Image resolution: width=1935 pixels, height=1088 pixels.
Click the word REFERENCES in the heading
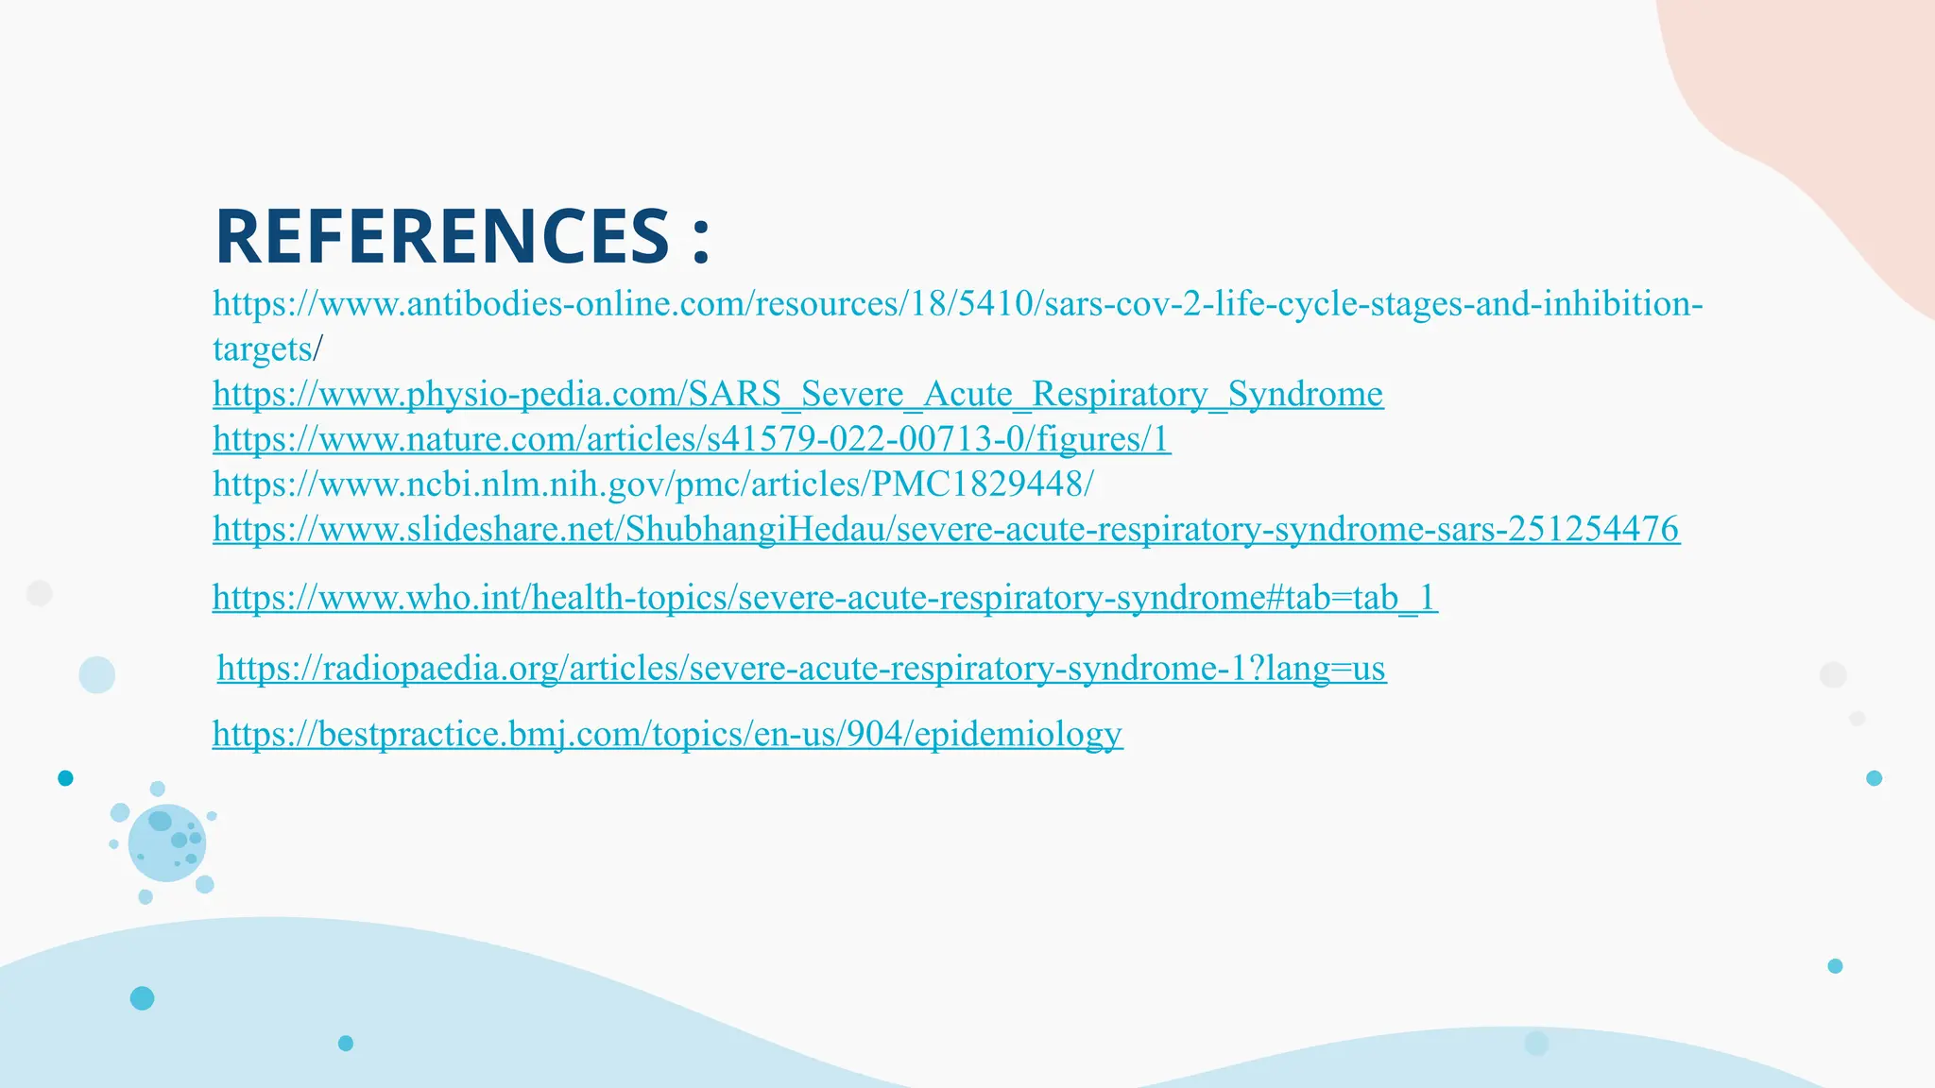coord(442,236)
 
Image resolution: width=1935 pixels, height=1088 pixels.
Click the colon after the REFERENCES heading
coord(700,238)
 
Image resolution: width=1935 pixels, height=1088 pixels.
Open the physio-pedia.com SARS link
coord(797,394)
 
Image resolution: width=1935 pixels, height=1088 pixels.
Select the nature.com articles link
coord(692,439)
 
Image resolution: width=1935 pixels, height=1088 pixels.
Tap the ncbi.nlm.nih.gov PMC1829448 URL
coord(652,484)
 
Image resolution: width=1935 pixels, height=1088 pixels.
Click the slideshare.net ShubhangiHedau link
coord(945,529)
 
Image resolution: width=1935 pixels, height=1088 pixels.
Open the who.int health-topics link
coord(824,598)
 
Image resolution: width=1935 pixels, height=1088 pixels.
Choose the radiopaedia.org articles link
coord(801,669)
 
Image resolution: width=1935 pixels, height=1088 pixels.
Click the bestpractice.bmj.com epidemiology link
coord(667,734)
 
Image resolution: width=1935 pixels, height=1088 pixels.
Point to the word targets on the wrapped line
coord(262,349)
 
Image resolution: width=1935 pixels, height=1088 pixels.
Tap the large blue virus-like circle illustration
coord(166,843)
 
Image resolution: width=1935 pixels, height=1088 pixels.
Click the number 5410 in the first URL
coord(999,304)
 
